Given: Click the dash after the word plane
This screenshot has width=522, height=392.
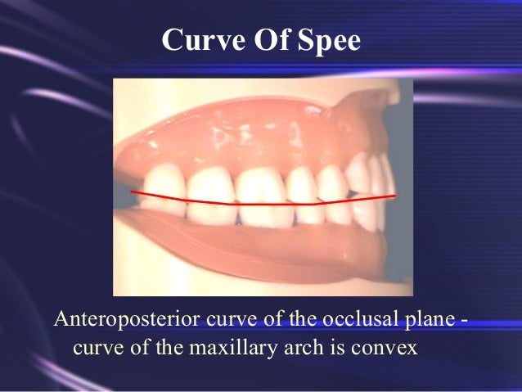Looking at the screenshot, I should point(464,320).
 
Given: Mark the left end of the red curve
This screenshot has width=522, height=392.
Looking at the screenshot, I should point(133,192).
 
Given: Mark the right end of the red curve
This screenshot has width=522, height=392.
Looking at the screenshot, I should point(394,196).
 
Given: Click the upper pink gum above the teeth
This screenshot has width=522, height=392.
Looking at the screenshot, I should point(245,131).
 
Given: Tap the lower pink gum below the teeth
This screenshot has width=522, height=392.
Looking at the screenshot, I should point(245,250).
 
